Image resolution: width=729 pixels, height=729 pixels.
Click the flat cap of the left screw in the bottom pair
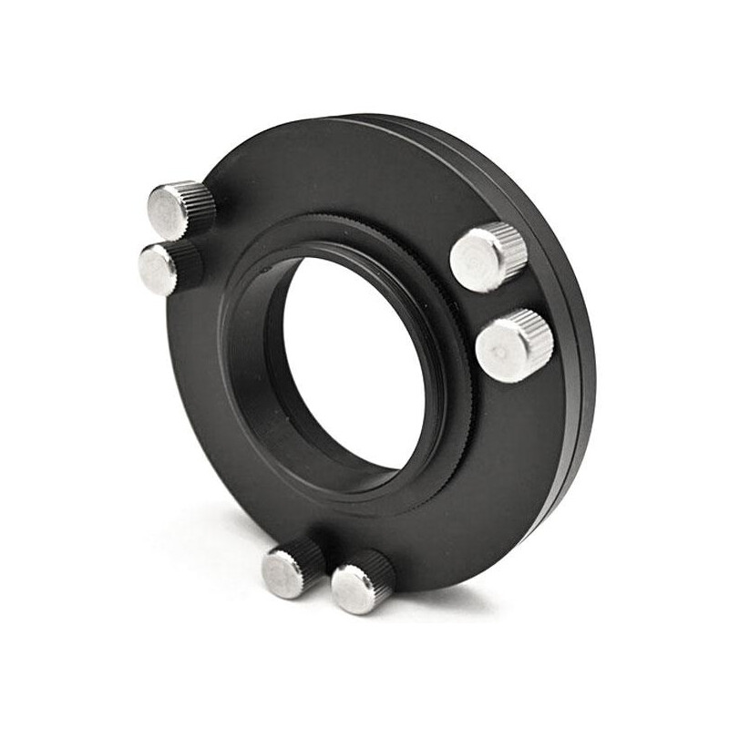[280, 573]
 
